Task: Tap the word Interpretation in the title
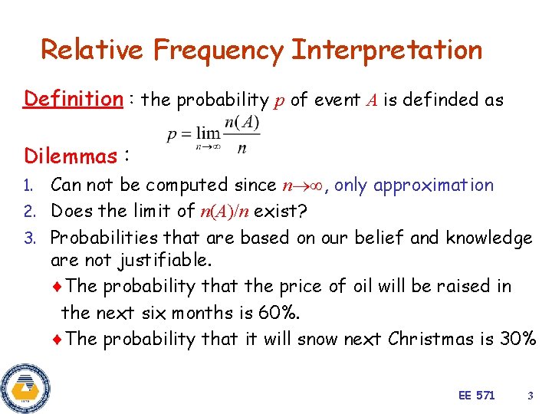(387, 51)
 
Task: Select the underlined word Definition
(73, 99)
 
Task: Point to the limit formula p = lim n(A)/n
(214, 136)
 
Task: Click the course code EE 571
(476, 396)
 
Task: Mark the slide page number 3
(530, 396)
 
